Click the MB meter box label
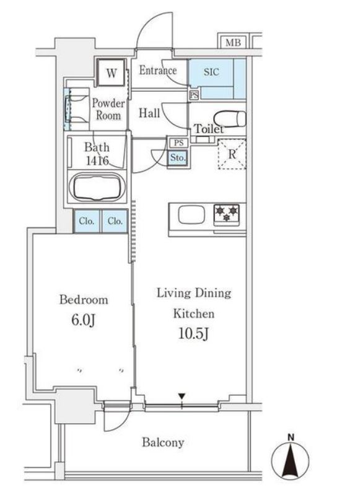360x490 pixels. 233,42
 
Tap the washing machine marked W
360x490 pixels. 112,72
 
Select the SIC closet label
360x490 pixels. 211,72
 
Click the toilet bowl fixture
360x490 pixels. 230,118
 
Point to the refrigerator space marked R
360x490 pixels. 232,154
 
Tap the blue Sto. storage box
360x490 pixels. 178,158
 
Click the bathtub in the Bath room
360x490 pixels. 97,188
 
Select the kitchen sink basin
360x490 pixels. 191,216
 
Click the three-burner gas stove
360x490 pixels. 226,214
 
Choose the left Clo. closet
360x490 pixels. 87,221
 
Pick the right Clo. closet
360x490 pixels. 115,221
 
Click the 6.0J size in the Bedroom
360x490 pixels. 83,320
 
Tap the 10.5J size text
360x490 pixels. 193,334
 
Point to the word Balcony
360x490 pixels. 163,442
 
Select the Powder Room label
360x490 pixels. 108,109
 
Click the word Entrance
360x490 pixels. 158,70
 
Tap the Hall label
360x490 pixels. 149,113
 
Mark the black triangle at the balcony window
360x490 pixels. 182,396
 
